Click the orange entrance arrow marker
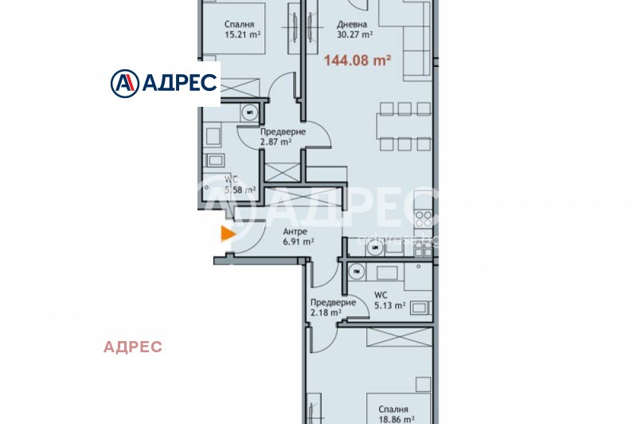(x=228, y=234)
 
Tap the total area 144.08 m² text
(x=357, y=59)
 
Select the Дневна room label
(x=351, y=24)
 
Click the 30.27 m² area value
(x=355, y=35)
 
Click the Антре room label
(x=295, y=232)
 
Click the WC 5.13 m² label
(x=390, y=300)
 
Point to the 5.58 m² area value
(x=240, y=190)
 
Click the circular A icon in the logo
(x=123, y=82)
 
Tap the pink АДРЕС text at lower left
(x=133, y=347)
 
